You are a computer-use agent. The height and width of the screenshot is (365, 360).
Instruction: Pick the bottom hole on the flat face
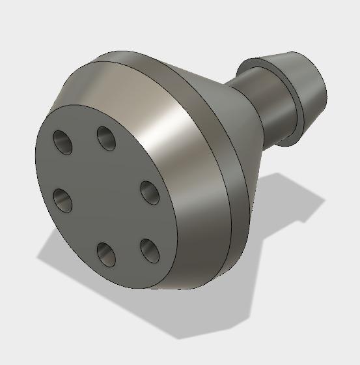[105, 254]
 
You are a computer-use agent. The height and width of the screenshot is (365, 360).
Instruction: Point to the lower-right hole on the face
[149, 250]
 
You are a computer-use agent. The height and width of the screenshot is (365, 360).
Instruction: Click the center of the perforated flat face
[104, 196]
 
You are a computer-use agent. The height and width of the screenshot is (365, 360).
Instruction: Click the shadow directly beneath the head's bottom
[176, 313]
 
